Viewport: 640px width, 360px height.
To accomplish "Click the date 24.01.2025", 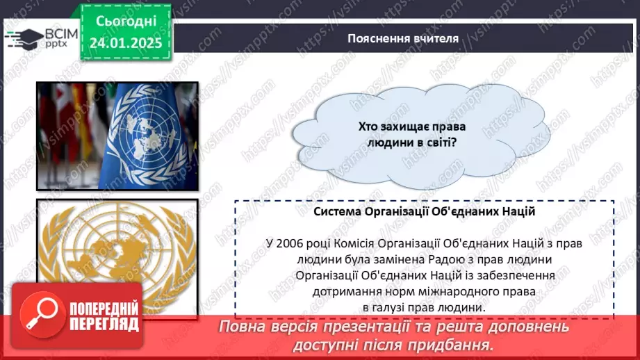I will click(125, 42).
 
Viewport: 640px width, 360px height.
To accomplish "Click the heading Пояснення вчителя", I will click(403, 38).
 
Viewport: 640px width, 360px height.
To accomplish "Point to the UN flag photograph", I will click(117, 136).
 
